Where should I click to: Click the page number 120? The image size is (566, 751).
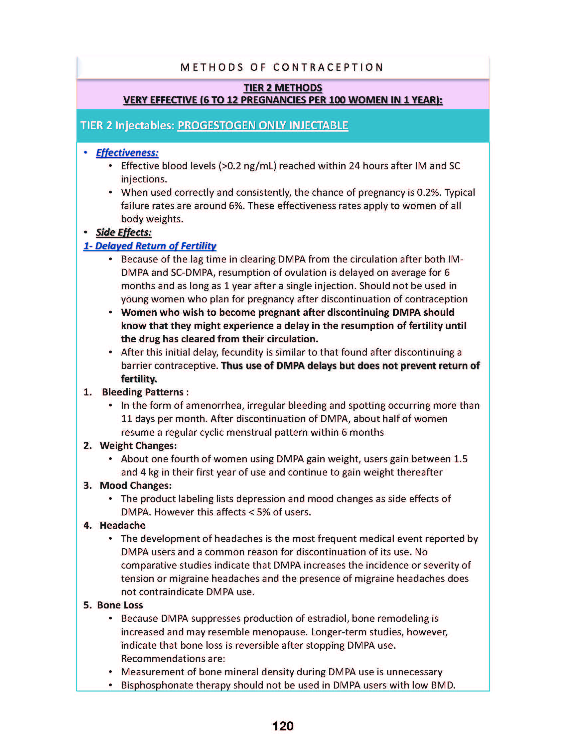[x=283, y=725]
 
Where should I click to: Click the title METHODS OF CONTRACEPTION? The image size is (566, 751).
[x=282, y=67]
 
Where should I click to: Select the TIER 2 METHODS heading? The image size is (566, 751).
[x=283, y=88]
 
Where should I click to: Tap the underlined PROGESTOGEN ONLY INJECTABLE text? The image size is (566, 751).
[x=263, y=125]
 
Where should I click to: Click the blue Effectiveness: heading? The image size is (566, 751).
[x=127, y=153]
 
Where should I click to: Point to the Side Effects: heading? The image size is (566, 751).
[x=123, y=232]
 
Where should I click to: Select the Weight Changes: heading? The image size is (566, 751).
[x=138, y=445]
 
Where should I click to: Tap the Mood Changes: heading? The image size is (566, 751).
[x=136, y=485]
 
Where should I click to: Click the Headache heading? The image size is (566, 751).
[x=122, y=525]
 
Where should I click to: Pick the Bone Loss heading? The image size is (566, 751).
[x=120, y=605]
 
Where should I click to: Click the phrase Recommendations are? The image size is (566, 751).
[x=173, y=658]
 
